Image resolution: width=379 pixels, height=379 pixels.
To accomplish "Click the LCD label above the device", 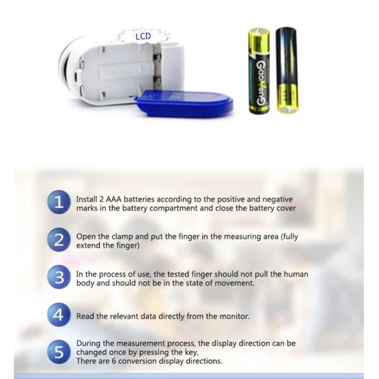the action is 143,37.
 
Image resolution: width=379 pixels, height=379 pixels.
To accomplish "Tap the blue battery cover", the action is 184,103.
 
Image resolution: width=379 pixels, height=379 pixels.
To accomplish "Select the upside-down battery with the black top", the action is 287,70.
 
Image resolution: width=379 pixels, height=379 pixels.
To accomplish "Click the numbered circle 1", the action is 59,202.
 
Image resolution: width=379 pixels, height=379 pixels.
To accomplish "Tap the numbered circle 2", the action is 59,239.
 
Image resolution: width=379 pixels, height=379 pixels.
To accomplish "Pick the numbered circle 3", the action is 59,277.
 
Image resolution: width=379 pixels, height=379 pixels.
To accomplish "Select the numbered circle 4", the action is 59,315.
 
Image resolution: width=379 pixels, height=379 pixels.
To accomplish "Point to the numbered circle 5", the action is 59,352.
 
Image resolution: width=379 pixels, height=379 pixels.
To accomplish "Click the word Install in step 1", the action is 87,199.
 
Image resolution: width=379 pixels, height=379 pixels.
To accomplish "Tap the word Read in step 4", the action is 85,316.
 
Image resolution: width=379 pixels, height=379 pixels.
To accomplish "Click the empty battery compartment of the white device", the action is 126,71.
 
